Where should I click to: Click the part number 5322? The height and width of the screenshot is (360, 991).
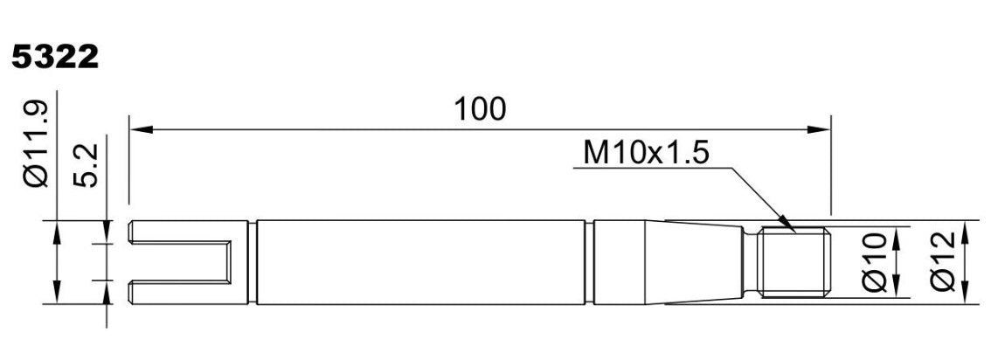[55, 58]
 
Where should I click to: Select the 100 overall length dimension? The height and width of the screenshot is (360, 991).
[481, 109]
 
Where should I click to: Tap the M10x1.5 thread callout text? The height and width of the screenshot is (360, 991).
[646, 154]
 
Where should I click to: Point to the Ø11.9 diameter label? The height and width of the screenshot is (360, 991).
[37, 145]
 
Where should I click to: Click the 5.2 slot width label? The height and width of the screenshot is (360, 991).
[86, 165]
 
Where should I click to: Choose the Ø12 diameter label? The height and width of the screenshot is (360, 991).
[944, 261]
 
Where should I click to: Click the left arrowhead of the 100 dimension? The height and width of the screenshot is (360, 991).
[142, 129]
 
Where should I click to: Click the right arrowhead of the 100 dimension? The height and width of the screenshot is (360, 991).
[819, 129]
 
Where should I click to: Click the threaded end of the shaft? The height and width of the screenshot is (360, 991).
[793, 262]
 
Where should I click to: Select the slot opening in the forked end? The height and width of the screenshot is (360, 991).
[179, 262]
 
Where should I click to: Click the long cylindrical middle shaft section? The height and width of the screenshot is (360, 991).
[421, 262]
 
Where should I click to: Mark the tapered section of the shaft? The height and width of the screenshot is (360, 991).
[693, 262]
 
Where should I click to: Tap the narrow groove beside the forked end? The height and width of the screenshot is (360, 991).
[253, 262]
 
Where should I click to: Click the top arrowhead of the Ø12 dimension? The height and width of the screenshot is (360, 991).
[965, 232]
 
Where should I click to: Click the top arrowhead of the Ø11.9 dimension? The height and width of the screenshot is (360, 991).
[57, 232]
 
